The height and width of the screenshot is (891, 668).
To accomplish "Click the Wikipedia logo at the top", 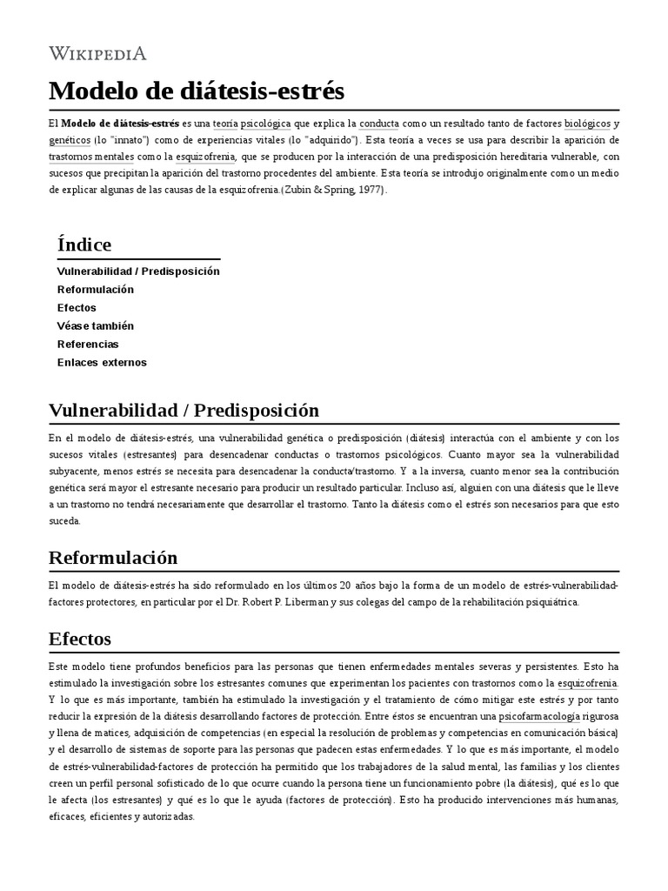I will coord(97,54).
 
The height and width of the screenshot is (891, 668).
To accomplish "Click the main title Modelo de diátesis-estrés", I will coord(197,90).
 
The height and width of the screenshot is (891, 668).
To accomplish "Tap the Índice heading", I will coord(84,245).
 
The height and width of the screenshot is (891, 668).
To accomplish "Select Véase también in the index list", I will coord(96,325).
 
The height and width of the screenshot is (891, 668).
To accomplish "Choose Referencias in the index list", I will coord(88,344).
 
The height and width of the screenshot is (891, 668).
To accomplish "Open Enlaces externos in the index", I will coord(102,362).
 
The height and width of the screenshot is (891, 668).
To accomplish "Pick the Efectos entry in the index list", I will coord(77,307).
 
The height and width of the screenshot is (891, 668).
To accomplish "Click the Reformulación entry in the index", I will coord(96,289).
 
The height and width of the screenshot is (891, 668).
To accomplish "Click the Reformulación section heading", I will coord(113,557).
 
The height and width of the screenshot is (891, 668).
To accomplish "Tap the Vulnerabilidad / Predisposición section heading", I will coord(184,410).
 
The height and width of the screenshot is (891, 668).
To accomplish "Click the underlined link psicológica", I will coord(266,124).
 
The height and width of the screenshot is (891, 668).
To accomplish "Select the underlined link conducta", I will coord(379,124).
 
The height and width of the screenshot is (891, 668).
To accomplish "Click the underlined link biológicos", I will coord(587,124).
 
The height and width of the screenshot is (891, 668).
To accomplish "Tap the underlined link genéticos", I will coord(70,140).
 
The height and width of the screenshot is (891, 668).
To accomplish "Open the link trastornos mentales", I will coord(91,157).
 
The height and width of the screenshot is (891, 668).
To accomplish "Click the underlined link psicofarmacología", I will coord(539,717).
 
